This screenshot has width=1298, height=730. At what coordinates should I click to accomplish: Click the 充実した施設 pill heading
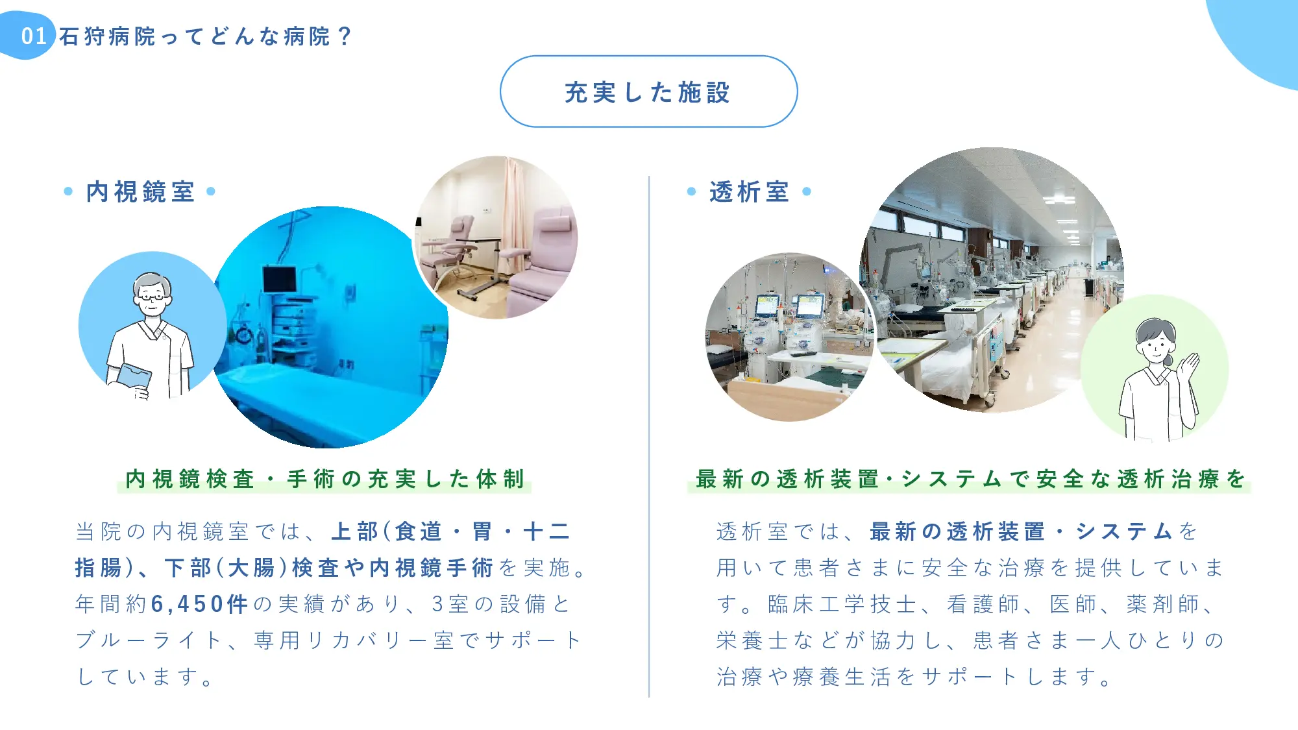pyautogui.click(x=648, y=91)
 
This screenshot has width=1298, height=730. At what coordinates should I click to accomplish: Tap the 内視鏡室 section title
pyautogui.click(x=140, y=191)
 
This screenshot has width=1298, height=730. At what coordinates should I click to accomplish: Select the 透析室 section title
pyautogui.click(x=749, y=191)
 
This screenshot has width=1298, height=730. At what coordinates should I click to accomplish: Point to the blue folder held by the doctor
pyautogui.click(x=134, y=377)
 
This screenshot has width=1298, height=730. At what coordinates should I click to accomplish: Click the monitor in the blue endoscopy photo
pyautogui.click(x=280, y=279)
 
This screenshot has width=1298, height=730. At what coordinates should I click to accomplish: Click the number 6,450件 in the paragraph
pyautogui.click(x=200, y=604)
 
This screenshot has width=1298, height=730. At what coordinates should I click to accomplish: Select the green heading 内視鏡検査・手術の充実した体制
pyautogui.click(x=324, y=479)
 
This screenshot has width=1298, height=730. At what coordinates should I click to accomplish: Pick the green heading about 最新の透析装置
pyautogui.click(x=970, y=479)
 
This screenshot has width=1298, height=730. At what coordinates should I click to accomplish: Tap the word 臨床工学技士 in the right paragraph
pyautogui.click(x=842, y=604)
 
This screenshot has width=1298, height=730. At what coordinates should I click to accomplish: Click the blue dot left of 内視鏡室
pyautogui.click(x=68, y=191)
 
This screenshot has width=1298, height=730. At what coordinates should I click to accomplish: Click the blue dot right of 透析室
pyautogui.click(x=807, y=191)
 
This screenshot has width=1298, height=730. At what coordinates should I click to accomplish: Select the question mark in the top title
pyautogui.click(x=345, y=36)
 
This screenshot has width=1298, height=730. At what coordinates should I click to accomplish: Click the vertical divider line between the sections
pyautogui.click(x=649, y=436)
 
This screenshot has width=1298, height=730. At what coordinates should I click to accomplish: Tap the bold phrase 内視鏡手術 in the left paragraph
pyautogui.click(x=432, y=568)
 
